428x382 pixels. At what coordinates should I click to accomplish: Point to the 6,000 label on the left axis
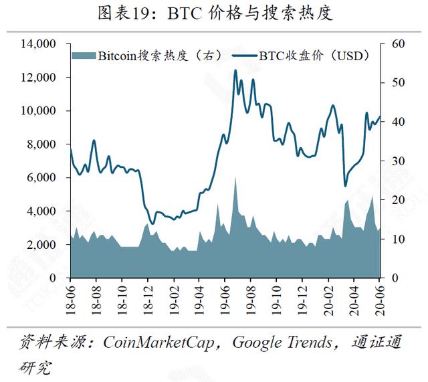[41, 178]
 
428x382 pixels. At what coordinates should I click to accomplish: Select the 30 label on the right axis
[399, 161]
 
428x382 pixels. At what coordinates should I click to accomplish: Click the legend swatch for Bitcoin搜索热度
[84, 56]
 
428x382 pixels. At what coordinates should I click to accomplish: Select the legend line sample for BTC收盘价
[244, 56]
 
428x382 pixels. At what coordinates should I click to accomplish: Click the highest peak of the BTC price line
[235, 70]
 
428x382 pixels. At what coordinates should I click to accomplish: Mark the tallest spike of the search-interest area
[235, 177]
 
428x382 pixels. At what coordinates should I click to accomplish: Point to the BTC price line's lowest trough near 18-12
[152, 223]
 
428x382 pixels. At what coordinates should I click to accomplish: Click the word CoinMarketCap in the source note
[158, 343]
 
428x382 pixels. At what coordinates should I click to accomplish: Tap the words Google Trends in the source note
[282, 343]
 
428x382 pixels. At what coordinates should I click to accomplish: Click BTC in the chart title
[185, 13]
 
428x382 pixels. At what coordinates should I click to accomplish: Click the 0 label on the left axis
[53, 278]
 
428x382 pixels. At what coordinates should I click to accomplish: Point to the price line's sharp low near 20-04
[345, 186]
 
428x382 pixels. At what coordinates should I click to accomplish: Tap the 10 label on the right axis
[399, 239]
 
